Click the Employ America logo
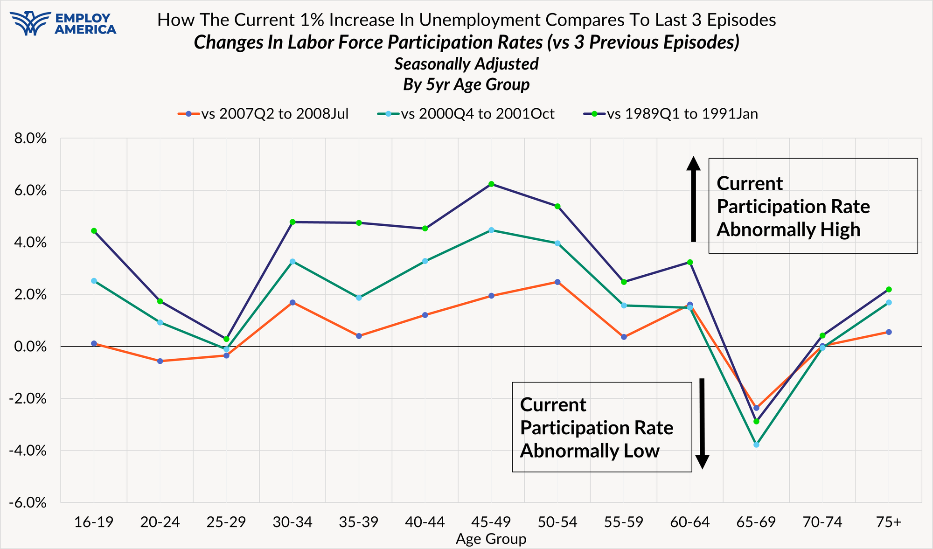63,23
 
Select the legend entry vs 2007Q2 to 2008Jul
263,114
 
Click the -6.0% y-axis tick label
28,503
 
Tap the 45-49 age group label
491,522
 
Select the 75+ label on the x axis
888,522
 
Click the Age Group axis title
491,539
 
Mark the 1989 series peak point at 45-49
491,184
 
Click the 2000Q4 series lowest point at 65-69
756,445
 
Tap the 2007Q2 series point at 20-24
160,361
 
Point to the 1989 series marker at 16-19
94,230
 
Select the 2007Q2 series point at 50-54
557,282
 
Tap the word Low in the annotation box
643,451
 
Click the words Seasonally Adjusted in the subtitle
466,64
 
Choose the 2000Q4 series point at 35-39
359,298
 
